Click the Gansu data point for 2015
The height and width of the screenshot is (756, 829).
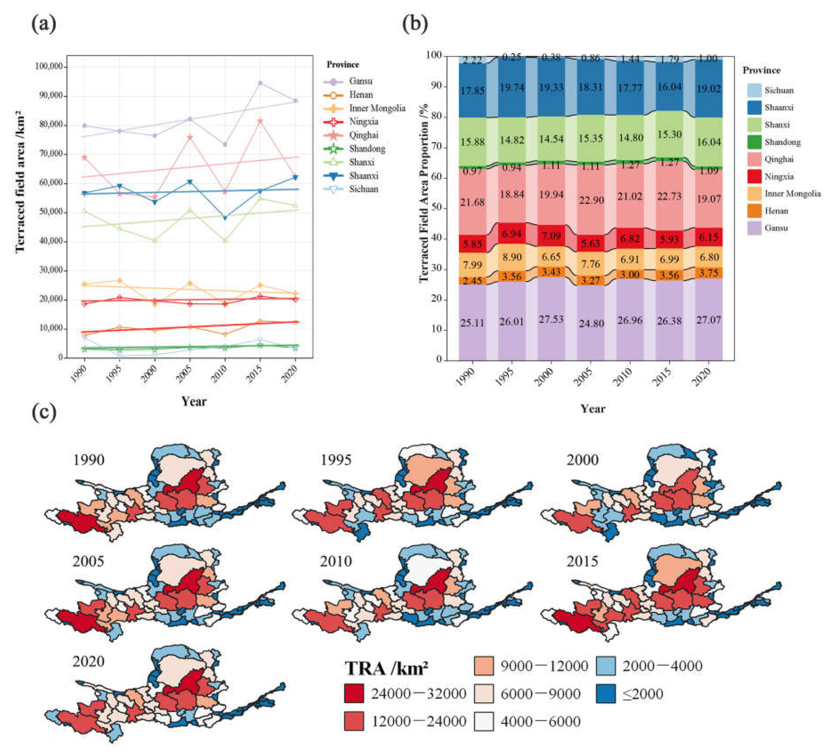tap(260, 83)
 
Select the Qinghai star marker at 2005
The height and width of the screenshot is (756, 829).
tap(190, 137)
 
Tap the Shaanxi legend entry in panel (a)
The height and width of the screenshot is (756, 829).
tap(363, 176)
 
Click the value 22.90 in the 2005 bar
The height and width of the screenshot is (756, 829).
tap(591, 200)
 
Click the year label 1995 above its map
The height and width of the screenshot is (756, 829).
tap(336, 460)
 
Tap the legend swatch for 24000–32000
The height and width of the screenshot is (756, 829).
tap(354, 694)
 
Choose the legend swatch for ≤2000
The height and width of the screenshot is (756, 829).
tap(606, 694)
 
